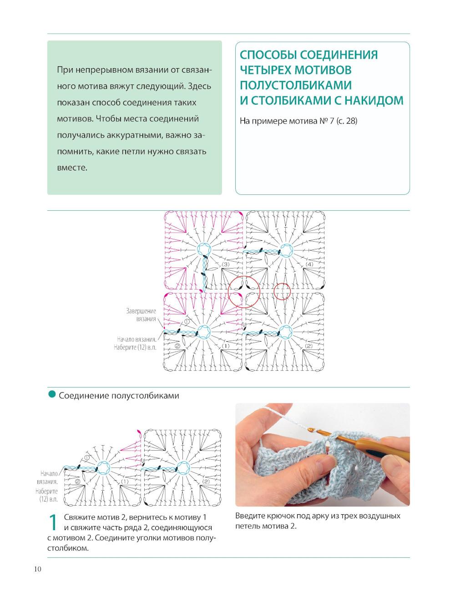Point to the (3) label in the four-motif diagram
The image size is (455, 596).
click(226, 264)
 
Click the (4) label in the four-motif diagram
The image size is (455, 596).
click(309, 264)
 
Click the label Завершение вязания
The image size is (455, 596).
click(141, 315)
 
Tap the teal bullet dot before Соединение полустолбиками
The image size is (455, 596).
click(52, 394)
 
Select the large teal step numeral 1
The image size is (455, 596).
click(53, 522)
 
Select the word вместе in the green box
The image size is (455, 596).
click(72, 168)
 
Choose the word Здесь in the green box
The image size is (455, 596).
click(200, 86)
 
